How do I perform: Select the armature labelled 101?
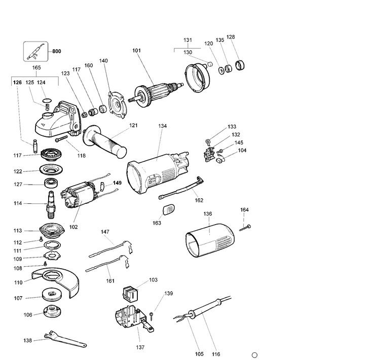pyautogui.click(x=158, y=93)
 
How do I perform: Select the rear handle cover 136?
pyautogui.click(x=209, y=243)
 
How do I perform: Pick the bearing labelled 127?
pyautogui.click(x=50, y=185)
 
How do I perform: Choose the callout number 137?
pyautogui.click(x=140, y=347)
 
